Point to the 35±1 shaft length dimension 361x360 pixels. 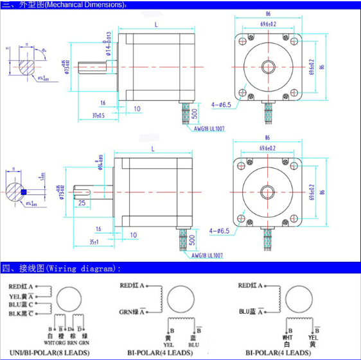[93, 243]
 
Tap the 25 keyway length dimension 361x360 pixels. [82, 202]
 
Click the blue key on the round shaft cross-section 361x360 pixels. [24, 191]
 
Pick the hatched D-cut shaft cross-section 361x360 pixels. [25, 66]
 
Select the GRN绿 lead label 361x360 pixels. [130, 313]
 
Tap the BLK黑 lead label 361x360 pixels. [20, 313]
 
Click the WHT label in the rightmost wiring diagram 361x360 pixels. [286, 337]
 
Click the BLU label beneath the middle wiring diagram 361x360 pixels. [193, 345]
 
